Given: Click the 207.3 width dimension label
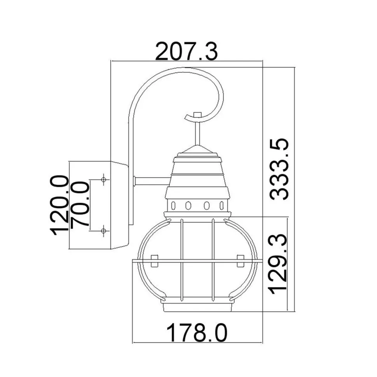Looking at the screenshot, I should tap(186, 52).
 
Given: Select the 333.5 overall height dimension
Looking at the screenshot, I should tap(280, 169).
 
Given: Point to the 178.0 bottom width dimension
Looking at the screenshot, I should tap(197, 333).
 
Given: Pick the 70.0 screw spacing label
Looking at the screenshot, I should tap(80, 205).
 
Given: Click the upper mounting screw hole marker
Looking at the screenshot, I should tap(103, 179).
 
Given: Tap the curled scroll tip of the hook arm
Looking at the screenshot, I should tap(188, 116).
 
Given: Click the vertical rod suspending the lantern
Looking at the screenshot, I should tap(198, 132).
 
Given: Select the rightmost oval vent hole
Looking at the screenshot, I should tap(222, 205).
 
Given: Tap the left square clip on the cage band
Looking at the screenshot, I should tap(154, 260).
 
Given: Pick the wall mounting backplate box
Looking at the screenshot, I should tap(117, 205).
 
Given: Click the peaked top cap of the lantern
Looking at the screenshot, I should tap(198, 151).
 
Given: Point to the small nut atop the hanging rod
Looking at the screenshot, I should tap(198, 115).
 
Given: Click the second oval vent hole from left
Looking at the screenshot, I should tap(188, 205).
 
